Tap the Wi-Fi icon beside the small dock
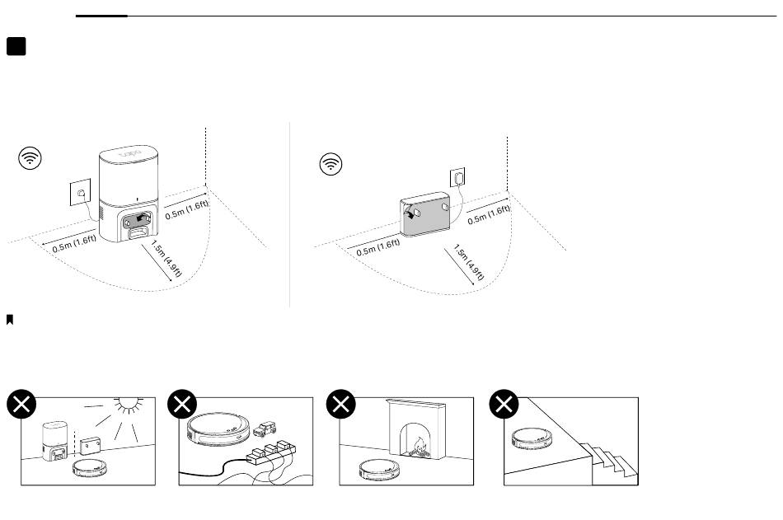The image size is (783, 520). point(331,164)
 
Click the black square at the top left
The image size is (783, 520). point(16,46)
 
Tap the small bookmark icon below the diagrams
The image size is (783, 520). point(10,318)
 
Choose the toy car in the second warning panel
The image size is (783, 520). point(265,428)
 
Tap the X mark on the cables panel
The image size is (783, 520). point(181,404)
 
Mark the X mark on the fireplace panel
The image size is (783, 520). point(341,404)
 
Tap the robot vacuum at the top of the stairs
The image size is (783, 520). point(533,438)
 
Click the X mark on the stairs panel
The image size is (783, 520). point(504,404)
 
